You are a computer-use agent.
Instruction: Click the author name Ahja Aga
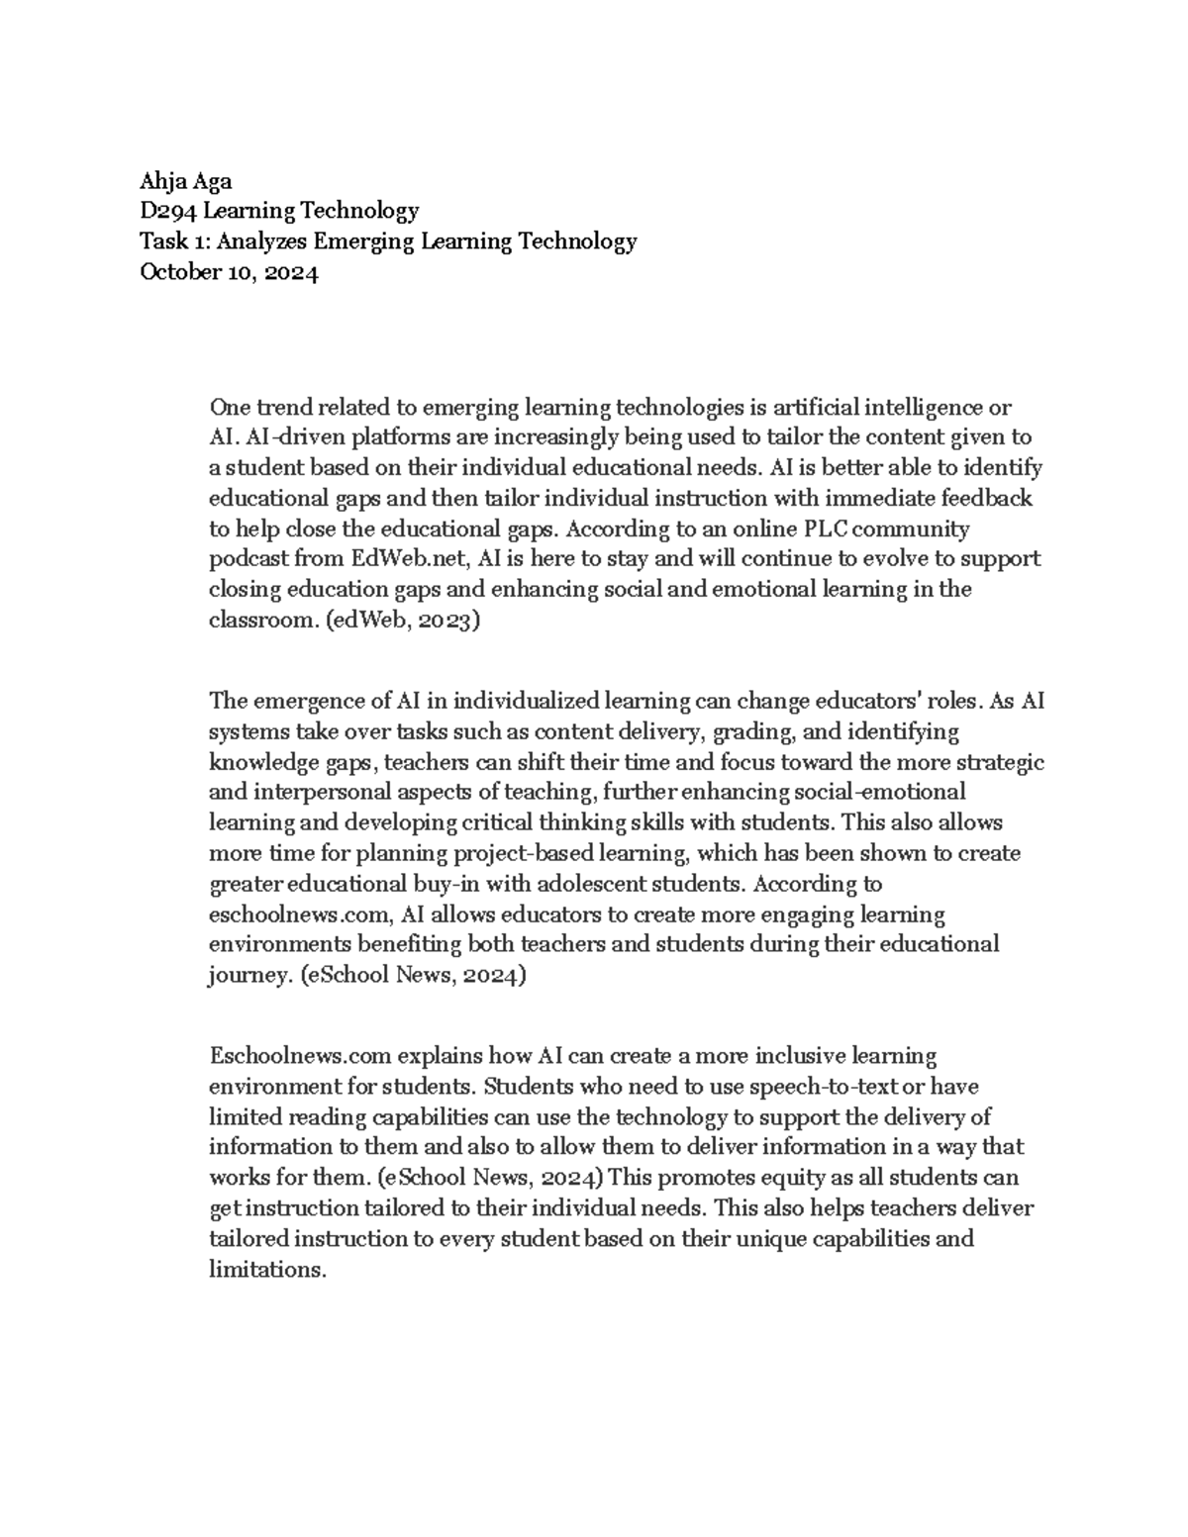point(186,180)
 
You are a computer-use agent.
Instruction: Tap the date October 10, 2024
point(230,273)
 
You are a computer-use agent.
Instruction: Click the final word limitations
point(266,1270)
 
